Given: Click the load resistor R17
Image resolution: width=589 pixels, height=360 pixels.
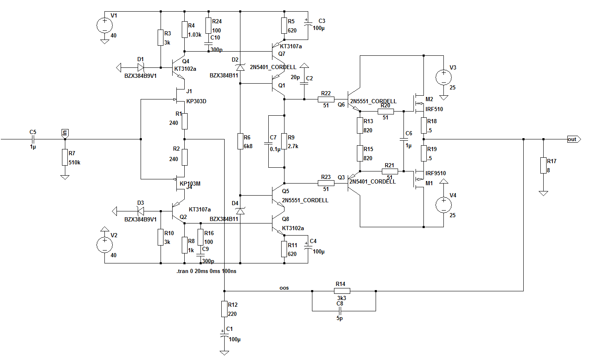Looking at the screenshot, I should (543, 165).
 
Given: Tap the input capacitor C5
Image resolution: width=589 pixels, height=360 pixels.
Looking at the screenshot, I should (33, 139).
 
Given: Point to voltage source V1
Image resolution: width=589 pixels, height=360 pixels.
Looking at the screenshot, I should (104, 26).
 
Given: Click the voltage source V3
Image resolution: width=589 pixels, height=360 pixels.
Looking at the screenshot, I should (443, 77).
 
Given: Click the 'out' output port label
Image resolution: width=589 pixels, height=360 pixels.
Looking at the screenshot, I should (573, 139).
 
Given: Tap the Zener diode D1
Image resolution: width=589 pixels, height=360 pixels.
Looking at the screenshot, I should (141, 67).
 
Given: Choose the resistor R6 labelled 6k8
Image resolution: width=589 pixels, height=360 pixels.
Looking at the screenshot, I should (240, 141).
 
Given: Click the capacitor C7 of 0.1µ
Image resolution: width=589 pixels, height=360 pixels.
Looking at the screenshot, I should (268, 144).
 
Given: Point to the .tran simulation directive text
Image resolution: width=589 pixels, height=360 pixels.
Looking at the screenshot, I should (206, 271).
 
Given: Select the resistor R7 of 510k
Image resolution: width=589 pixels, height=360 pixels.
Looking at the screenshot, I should (65, 158).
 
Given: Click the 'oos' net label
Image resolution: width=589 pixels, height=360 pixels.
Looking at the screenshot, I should (284, 288).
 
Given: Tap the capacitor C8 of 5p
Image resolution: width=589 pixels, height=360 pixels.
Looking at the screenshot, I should (340, 311).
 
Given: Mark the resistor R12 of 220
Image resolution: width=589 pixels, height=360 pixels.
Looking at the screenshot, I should (225, 309).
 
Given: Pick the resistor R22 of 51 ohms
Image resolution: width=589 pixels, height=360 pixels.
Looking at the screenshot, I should (326, 99).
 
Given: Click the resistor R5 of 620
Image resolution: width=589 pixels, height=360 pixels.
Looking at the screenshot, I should (285, 26).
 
